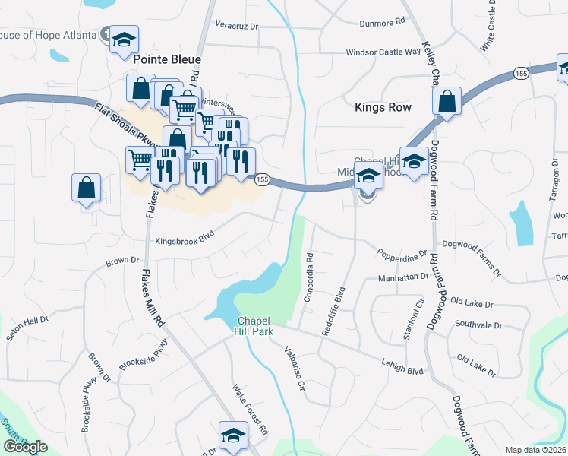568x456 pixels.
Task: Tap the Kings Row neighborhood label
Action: (x=383, y=107)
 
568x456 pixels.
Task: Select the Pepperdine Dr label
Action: (x=402, y=252)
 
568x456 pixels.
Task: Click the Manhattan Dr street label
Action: (x=403, y=278)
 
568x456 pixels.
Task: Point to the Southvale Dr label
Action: (x=478, y=325)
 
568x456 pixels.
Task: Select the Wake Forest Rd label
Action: (x=250, y=408)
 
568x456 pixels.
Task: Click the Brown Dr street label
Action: (x=122, y=261)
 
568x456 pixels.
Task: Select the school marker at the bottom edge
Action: (x=233, y=435)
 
